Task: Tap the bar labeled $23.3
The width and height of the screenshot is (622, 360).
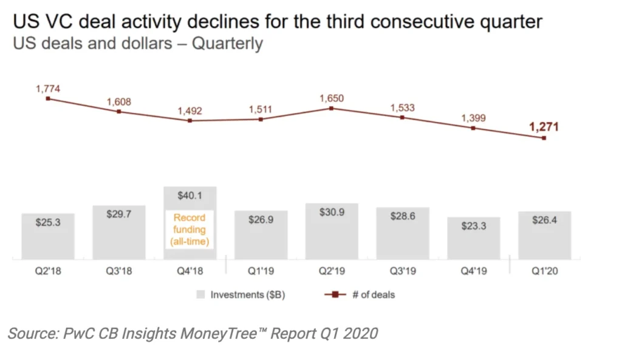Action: tap(473, 239)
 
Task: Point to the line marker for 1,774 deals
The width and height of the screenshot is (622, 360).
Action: tap(48, 98)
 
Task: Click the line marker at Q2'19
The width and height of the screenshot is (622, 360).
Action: tap(331, 108)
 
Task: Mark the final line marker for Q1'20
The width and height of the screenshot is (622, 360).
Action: tap(544, 138)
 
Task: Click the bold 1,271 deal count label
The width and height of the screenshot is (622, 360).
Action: tap(544, 127)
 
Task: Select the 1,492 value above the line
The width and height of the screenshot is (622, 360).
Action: tap(190, 110)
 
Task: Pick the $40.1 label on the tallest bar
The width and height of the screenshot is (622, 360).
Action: tap(190, 195)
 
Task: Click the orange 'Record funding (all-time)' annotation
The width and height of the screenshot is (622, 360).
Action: tap(190, 229)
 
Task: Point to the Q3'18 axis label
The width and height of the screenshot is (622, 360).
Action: tap(118, 271)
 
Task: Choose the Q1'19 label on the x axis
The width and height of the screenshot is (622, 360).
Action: tap(261, 271)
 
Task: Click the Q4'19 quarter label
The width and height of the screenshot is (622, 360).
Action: tap(473, 271)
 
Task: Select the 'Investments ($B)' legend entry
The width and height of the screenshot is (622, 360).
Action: tap(242, 295)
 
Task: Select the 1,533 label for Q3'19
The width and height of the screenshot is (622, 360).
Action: tap(402, 107)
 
